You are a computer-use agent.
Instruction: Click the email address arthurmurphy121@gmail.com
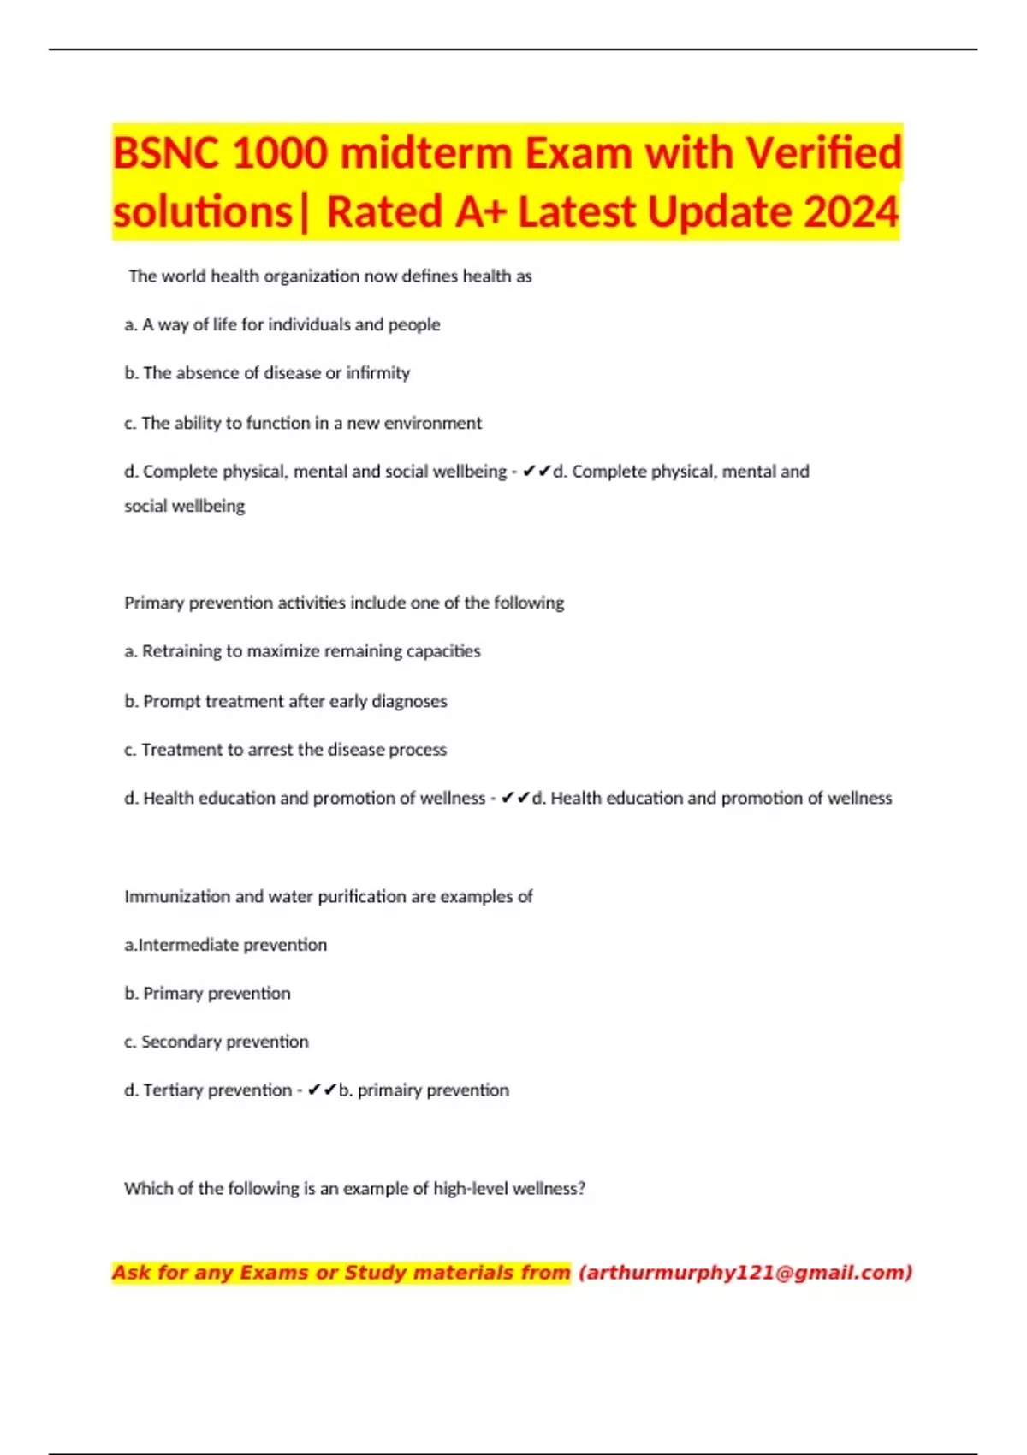coord(745,1273)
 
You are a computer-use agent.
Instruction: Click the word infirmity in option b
coord(377,373)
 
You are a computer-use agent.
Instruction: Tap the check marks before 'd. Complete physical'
coord(537,472)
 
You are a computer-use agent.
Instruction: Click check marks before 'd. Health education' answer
coord(515,799)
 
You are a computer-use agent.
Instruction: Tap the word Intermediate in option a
coord(183,945)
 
